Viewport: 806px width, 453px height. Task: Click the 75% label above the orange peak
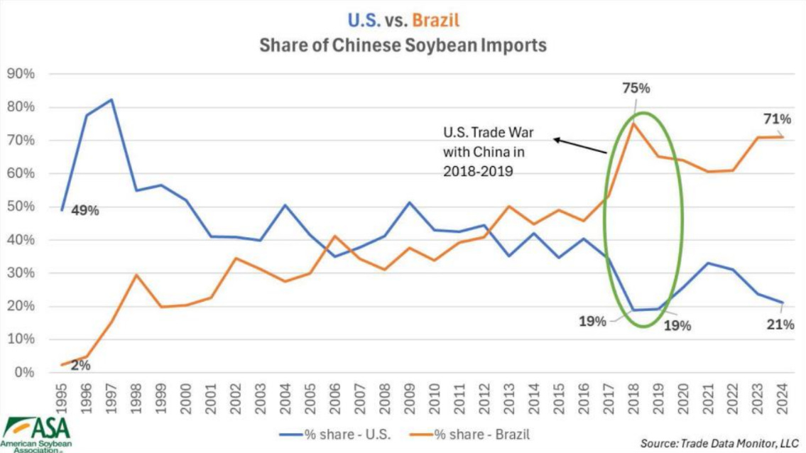tap(635, 89)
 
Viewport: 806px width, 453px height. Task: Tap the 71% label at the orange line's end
tap(777, 119)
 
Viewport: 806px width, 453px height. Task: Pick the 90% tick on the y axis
tap(21, 74)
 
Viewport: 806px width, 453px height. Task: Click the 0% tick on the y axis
tap(24, 373)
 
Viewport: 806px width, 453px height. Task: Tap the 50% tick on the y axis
tap(21, 207)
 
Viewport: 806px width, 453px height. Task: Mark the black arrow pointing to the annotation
tap(579, 147)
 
